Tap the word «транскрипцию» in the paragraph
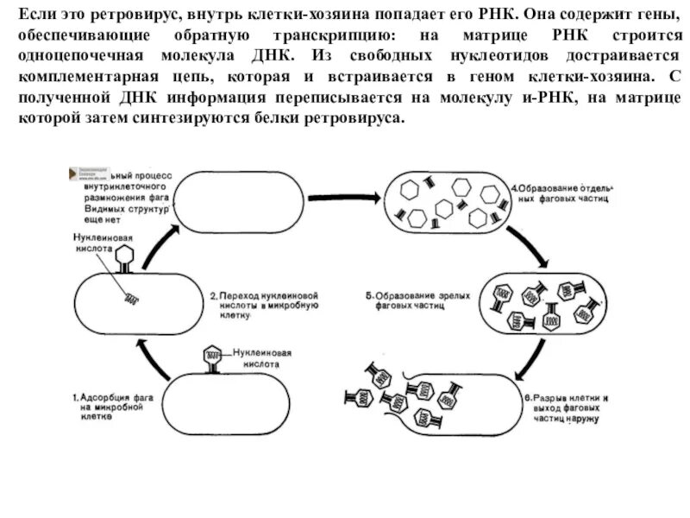coord(328,36)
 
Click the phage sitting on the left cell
coord(126,257)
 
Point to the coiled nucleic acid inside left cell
coord(132,299)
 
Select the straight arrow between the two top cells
coord(344,198)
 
